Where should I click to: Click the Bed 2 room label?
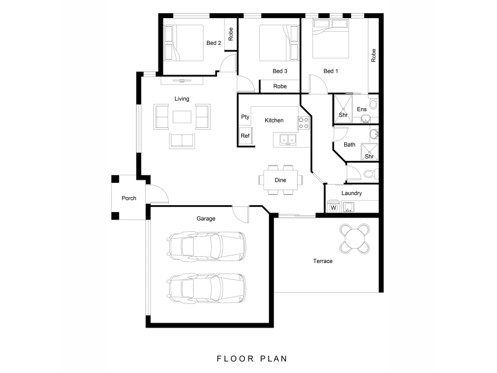click(214, 43)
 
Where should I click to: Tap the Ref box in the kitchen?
click(246, 136)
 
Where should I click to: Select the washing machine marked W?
click(333, 206)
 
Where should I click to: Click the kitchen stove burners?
click(304, 123)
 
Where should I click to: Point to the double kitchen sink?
click(288, 139)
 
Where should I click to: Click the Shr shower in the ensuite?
click(343, 108)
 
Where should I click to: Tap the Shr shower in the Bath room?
click(370, 152)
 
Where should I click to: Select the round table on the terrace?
click(355, 238)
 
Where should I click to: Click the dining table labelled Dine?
click(281, 180)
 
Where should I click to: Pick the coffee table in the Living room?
click(182, 117)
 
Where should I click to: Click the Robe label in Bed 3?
click(280, 86)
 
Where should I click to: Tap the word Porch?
click(129, 198)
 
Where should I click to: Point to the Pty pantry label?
click(245, 117)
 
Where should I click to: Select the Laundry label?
click(352, 193)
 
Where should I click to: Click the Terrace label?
click(322, 261)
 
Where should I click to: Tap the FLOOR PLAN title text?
click(252, 359)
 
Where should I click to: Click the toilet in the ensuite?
click(373, 103)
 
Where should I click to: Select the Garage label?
click(206, 219)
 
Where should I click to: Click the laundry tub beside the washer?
click(349, 207)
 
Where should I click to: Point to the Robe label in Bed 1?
click(373, 55)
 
